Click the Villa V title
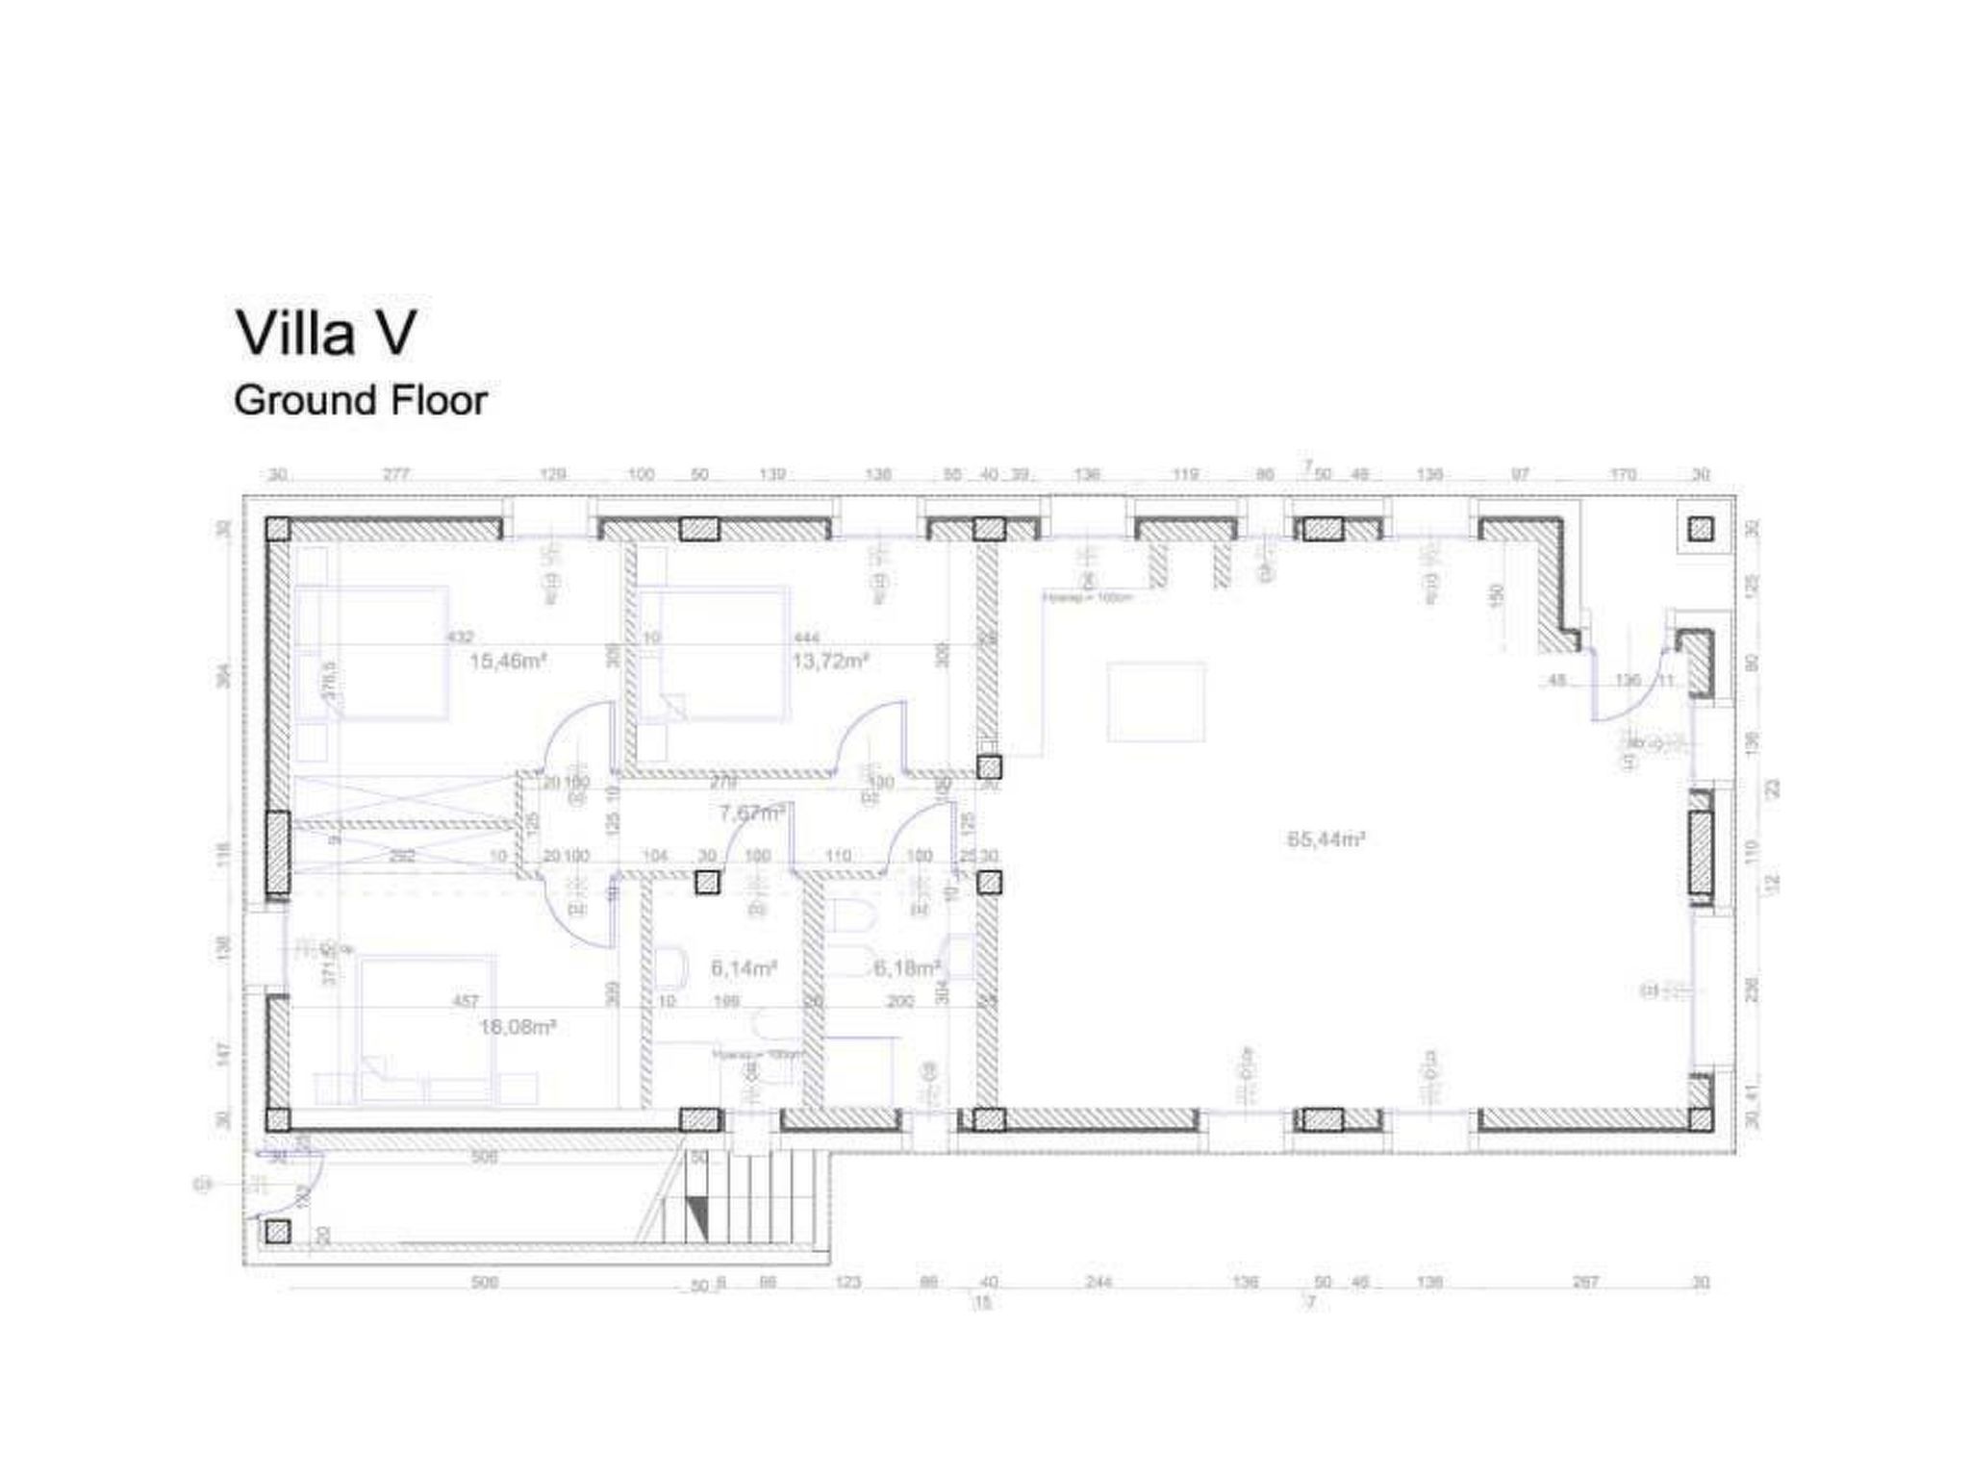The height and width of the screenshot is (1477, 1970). [x=326, y=333]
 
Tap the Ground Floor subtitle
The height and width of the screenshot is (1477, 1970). [x=361, y=400]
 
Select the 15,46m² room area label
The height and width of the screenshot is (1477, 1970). [x=508, y=662]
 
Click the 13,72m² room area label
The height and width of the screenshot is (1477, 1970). [x=830, y=662]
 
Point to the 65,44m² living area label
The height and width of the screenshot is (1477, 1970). [x=1326, y=839]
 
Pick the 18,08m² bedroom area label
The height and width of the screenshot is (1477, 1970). [x=518, y=1027]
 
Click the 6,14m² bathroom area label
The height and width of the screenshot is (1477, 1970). [x=744, y=968]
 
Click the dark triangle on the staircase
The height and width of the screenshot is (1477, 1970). [x=699, y=1219]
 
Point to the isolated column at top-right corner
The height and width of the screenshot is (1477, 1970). [x=1701, y=528]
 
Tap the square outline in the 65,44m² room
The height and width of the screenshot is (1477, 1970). [x=1155, y=701]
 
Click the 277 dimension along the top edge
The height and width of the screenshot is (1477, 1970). [x=396, y=475]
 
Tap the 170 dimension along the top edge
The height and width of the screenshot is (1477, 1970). [x=1622, y=475]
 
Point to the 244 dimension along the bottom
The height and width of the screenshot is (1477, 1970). [x=1099, y=1282]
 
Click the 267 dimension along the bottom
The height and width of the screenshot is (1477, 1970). [x=1584, y=1282]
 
